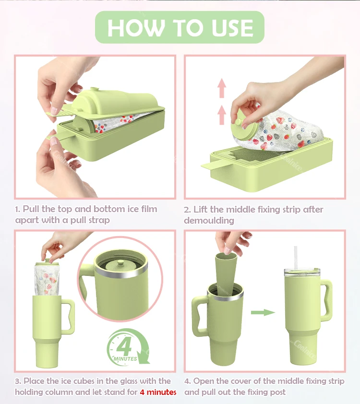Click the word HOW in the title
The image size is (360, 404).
136,27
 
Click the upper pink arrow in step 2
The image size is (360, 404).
222,88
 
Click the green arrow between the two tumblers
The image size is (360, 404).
263,312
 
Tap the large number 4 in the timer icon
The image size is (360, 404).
125,347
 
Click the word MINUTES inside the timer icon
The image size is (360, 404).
125,358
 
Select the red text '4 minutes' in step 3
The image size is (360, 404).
158,392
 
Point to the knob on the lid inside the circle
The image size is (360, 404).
120,263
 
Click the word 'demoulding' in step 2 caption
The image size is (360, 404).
209,221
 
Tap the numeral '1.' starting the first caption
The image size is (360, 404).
18,209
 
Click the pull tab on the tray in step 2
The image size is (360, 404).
211,166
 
